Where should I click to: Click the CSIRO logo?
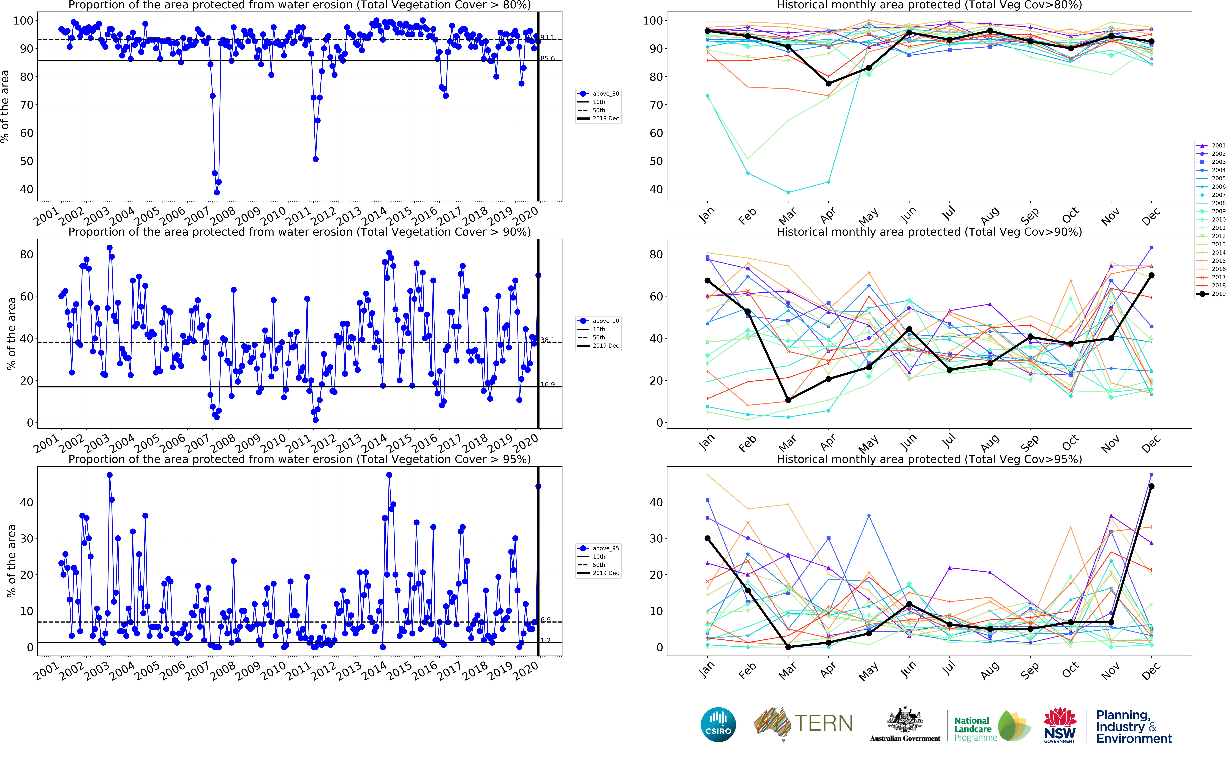718,724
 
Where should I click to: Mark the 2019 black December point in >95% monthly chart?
1151,486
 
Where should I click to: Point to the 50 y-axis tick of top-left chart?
26,161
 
